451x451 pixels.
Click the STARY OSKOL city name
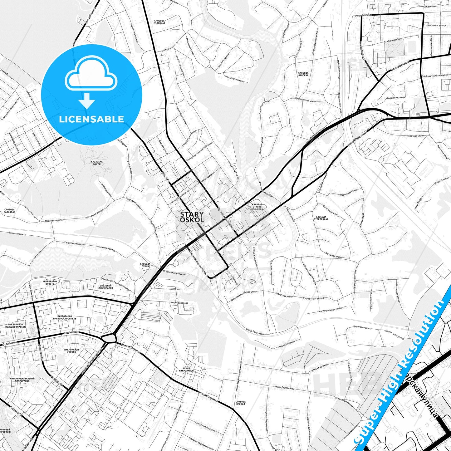(x=192, y=217)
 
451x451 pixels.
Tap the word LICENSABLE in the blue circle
(x=91, y=119)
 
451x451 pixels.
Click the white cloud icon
(x=91, y=75)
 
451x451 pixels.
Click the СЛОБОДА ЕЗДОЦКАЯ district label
(x=159, y=22)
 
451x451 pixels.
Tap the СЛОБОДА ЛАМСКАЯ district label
(x=303, y=74)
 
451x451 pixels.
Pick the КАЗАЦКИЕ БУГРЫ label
(x=97, y=163)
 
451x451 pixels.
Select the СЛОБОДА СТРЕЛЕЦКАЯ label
(x=321, y=218)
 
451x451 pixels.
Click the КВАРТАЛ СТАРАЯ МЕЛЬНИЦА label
(x=257, y=207)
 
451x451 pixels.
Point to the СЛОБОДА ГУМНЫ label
(x=145, y=265)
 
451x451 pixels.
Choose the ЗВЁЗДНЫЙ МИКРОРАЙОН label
(x=105, y=287)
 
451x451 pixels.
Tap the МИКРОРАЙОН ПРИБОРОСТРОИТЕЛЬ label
(x=65, y=317)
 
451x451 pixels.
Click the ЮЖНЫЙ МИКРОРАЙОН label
(x=186, y=370)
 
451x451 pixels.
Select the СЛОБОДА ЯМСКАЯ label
(x=240, y=403)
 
